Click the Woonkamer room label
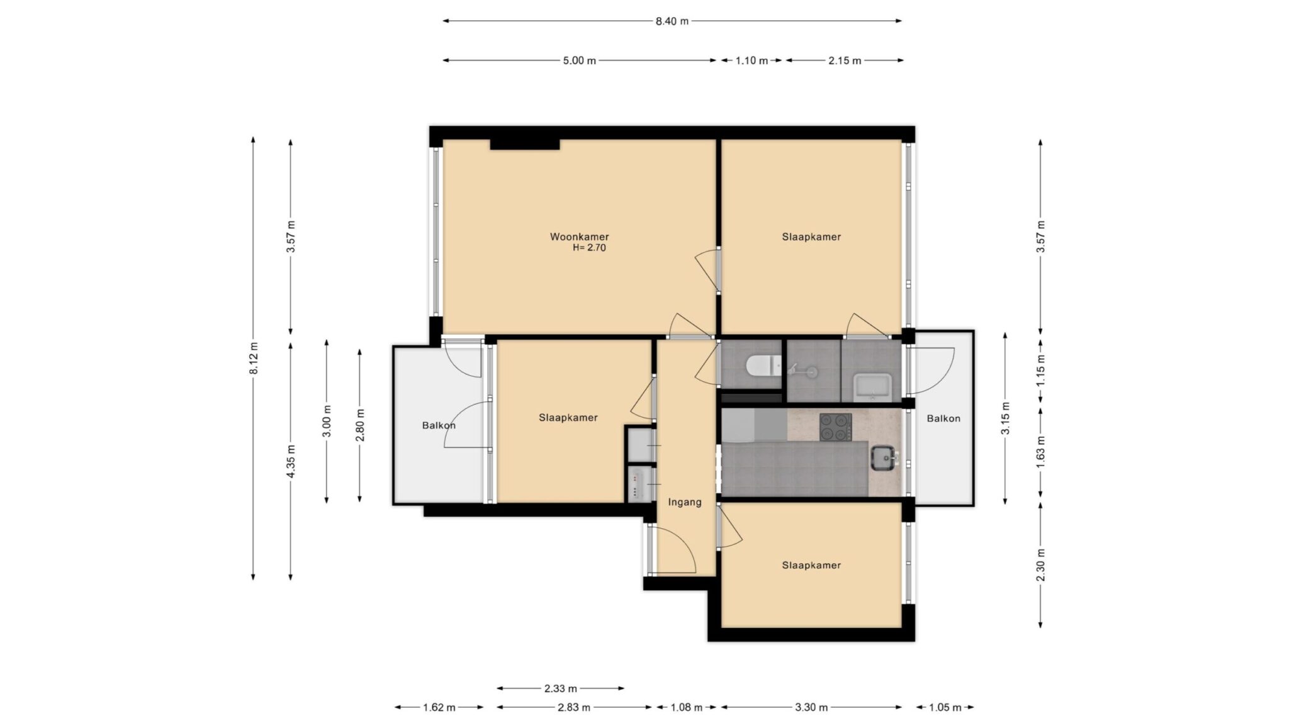coord(579,237)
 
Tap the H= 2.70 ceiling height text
coord(588,248)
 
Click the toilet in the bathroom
coord(762,366)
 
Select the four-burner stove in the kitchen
coord(835,427)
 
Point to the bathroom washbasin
coord(872,386)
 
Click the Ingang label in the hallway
coord(684,502)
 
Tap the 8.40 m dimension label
coord(672,21)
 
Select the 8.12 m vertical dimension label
coord(254,358)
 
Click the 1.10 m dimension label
coord(751,61)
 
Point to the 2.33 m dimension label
coord(560,688)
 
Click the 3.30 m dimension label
coord(811,707)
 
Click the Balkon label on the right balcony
coord(943,418)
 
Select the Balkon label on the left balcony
coord(438,425)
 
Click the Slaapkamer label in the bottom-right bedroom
coord(811,565)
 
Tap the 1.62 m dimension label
coord(439,707)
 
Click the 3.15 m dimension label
coord(1006,418)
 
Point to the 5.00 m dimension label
coord(579,61)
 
